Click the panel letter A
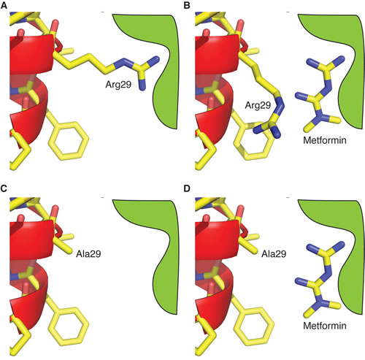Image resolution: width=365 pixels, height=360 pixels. [4, 5]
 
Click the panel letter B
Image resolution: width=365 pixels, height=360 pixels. [187, 5]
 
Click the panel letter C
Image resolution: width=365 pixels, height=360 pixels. [4, 188]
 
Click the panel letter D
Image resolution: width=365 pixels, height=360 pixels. [187, 188]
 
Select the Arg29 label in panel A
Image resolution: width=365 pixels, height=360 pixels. [118, 85]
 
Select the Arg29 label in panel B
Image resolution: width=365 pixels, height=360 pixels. [258, 105]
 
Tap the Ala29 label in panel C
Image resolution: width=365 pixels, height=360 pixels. [88, 254]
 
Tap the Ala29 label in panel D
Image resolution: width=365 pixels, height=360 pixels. [274, 254]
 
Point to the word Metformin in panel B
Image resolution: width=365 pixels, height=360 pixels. [325, 140]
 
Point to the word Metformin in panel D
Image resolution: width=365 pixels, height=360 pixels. [325, 326]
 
